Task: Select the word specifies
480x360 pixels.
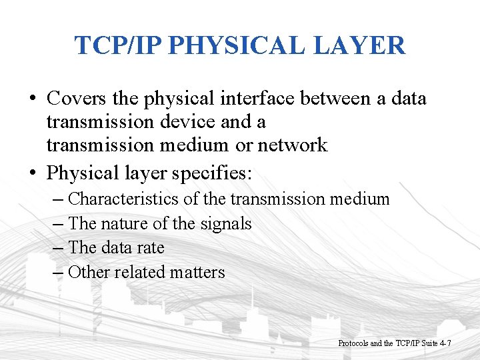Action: [212, 173]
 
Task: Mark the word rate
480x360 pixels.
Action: [151, 247]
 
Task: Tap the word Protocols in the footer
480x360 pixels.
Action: [353, 343]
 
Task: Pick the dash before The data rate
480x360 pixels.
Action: [59, 248]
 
